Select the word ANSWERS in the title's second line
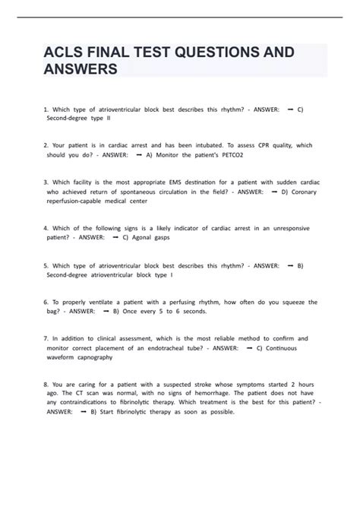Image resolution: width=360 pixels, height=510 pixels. (x=86, y=71)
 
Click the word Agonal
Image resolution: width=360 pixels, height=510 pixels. (x=148, y=238)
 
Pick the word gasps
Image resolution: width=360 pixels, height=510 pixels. (x=178, y=238)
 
